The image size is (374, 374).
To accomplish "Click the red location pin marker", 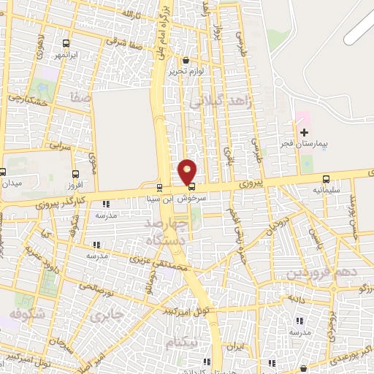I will tap(188, 171).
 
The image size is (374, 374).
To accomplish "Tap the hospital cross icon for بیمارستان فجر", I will tap(305, 131).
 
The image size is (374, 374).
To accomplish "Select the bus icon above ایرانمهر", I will tap(66, 43).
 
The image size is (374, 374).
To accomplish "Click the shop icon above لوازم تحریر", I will tap(186, 61).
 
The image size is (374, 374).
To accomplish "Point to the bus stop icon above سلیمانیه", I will tap(326, 178).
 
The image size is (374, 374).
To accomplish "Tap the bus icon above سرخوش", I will tap(192, 186).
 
